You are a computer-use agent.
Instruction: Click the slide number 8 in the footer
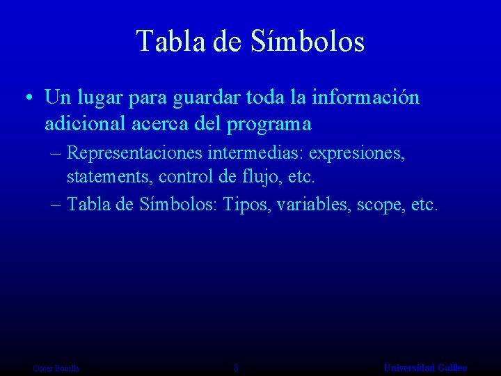(x=237, y=368)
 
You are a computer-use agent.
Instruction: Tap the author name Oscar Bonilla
(x=56, y=368)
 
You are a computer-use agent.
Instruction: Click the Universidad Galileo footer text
(x=425, y=368)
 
